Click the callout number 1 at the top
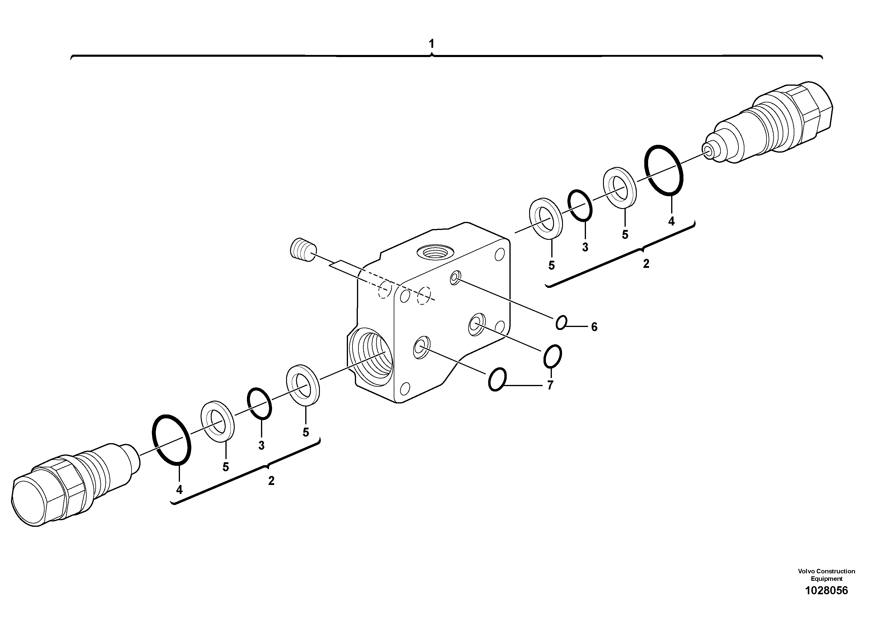pyautogui.click(x=431, y=44)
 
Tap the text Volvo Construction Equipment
pyautogui.click(x=826, y=575)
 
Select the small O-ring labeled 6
pyautogui.click(x=561, y=322)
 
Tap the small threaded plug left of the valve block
pyautogui.click(x=303, y=251)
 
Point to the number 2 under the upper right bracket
pyautogui.click(x=646, y=264)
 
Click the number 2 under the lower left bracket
pyautogui.click(x=271, y=480)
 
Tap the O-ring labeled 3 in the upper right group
pyautogui.click(x=579, y=205)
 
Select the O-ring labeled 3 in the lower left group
pyautogui.click(x=259, y=403)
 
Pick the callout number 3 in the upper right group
pyautogui.click(x=585, y=247)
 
